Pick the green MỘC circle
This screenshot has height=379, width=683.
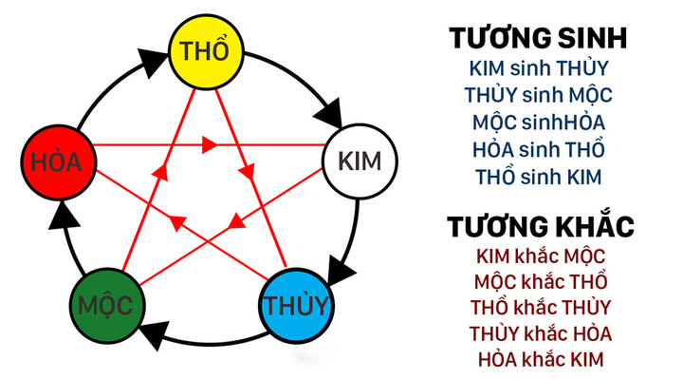(x=107, y=307)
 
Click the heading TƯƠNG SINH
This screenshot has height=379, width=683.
(x=538, y=39)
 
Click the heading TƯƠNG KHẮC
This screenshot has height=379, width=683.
(x=540, y=227)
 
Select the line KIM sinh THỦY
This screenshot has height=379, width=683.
(x=538, y=68)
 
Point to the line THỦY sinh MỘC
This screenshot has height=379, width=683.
(x=538, y=96)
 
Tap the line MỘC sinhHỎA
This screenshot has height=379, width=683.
(x=538, y=123)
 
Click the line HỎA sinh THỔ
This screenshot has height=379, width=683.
(x=538, y=150)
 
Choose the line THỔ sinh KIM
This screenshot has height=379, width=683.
(x=538, y=177)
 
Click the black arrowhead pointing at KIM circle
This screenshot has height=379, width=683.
(x=328, y=112)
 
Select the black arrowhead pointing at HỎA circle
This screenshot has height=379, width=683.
(x=60, y=217)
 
